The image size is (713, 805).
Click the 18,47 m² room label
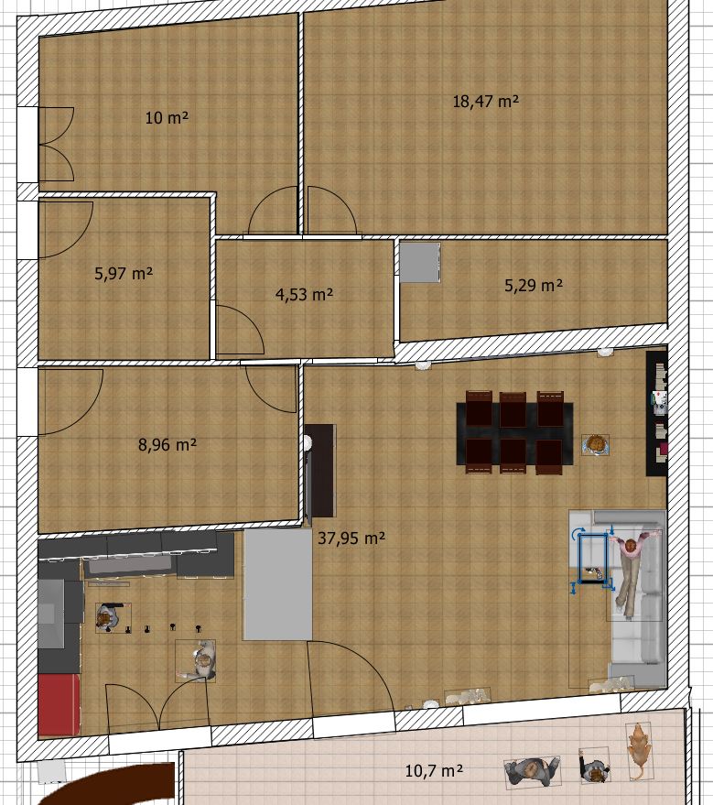(x=485, y=101)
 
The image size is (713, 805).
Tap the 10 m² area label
(x=167, y=117)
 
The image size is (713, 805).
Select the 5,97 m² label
(x=124, y=273)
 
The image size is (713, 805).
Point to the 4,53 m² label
(x=304, y=294)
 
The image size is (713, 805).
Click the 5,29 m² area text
(x=534, y=285)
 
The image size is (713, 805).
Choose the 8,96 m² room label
(x=167, y=444)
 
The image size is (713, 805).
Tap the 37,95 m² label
(x=351, y=538)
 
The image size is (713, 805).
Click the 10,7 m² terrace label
(x=434, y=770)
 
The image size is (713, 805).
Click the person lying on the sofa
(x=633, y=571)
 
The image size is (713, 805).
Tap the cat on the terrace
(x=640, y=751)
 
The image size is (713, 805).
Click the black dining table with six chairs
(x=514, y=432)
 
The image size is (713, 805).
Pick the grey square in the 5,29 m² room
(x=420, y=262)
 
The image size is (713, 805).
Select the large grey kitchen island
(x=277, y=584)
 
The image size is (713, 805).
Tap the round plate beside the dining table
(x=596, y=444)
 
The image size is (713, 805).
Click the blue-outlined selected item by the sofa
(x=593, y=558)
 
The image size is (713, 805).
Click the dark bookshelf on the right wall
(x=656, y=413)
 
